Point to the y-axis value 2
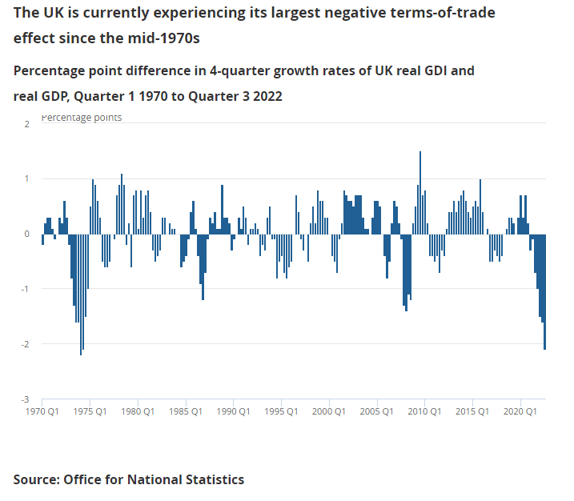27,124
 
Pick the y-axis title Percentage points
82,118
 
